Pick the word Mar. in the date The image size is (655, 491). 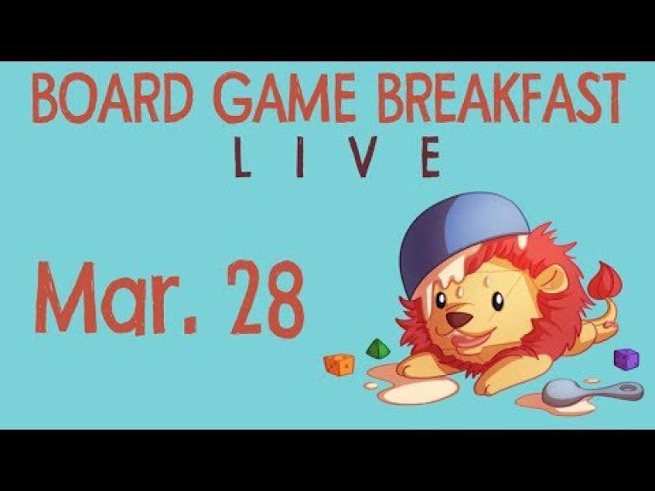(x=116, y=297)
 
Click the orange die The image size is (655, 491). (x=339, y=364)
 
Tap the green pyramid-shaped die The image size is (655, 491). (x=378, y=349)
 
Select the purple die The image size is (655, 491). (x=626, y=359)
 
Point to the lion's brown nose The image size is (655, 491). (x=459, y=320)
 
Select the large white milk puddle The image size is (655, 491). (x=418, y=390)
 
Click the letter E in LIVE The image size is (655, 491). (x=431, y=157)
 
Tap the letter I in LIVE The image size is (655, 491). (x=299, y=157)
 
